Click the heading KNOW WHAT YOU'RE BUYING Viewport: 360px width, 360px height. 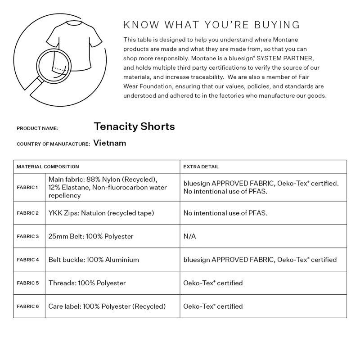211,25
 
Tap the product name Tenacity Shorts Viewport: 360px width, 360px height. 134,126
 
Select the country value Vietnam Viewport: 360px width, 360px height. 110,143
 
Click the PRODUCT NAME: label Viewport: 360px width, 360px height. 37,129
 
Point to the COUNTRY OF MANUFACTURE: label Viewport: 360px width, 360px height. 53,144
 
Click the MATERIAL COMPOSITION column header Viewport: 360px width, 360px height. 48,167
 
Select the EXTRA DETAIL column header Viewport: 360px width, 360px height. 201,167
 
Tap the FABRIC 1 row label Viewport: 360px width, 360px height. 27,187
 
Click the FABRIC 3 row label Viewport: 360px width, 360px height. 27,236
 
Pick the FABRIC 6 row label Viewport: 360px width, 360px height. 27,306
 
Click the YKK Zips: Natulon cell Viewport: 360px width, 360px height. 101,213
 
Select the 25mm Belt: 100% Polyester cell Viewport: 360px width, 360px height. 90,236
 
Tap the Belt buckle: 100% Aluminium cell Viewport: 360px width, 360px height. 94,260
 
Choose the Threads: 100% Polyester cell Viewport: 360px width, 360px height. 87,283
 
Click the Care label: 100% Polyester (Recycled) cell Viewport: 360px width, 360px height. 107,306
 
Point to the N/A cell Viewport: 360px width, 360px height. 189,236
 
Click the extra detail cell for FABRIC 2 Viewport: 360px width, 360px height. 225,213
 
